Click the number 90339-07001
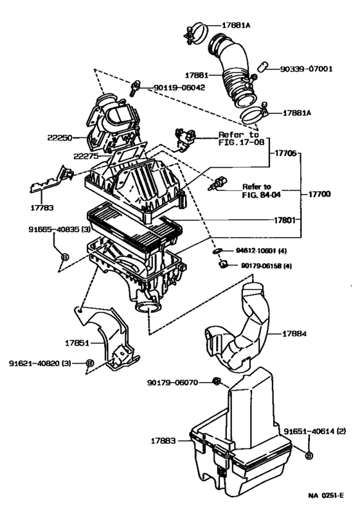[x=305, y=68]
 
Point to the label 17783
[x=42, y=207]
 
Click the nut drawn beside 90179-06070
[x=217, y=383]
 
